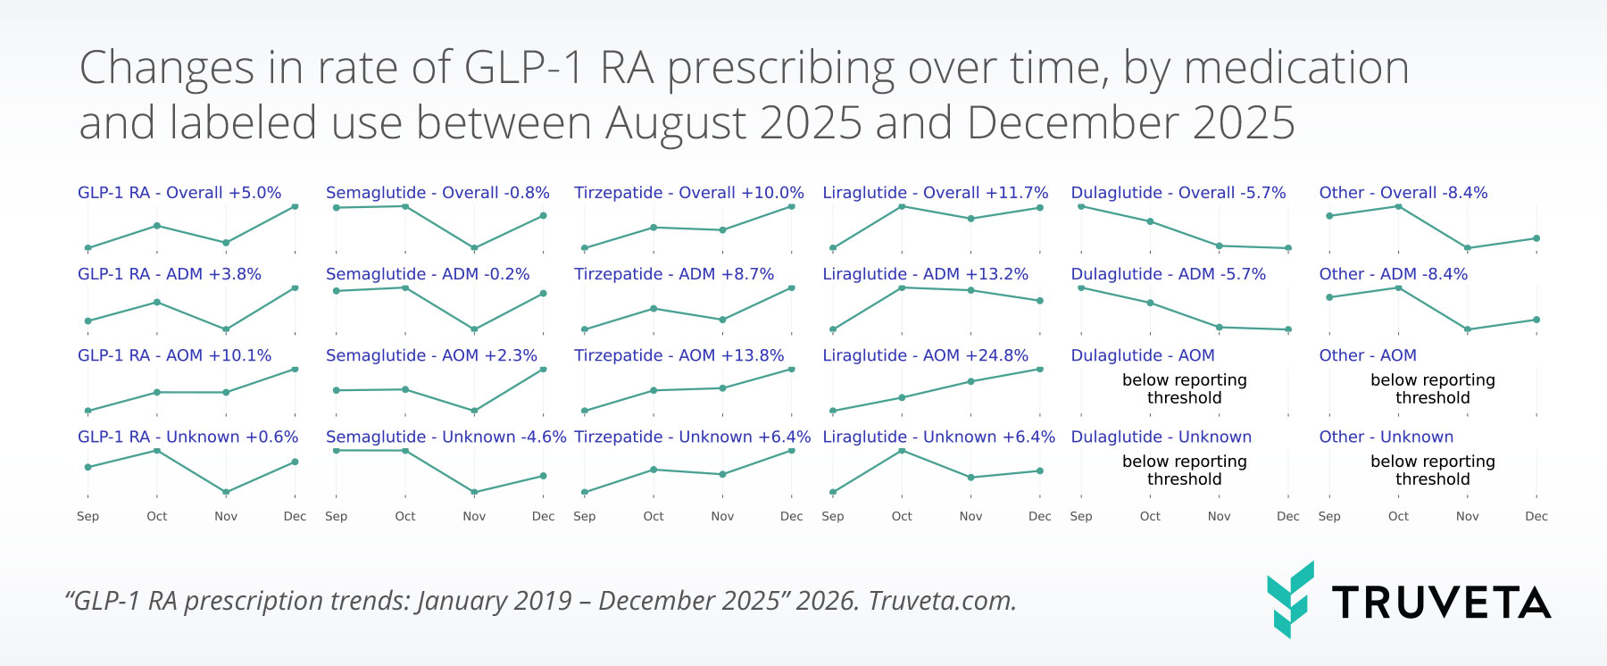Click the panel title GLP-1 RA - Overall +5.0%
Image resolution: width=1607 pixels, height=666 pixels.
tap(179, 193)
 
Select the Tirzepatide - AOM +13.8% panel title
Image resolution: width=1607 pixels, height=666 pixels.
tap(679, 355)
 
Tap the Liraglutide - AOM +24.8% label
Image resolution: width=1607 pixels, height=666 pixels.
tap(925, 355)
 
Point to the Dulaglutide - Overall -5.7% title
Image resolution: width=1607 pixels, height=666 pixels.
tap(1178, 193)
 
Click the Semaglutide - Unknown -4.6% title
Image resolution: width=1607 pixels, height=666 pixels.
tap(445, 437)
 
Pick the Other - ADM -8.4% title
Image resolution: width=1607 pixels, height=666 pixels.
tap(1393, 274)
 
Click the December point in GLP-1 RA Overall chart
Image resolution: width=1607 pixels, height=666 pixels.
tap(295, 206)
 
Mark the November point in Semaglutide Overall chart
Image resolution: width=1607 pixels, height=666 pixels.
tap(474, 248)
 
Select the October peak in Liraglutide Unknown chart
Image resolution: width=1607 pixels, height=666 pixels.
tap(902, 451)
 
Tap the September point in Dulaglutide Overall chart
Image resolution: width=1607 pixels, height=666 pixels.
tap(1081, 206)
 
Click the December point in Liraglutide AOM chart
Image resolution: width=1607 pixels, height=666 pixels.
tap(1040, 369)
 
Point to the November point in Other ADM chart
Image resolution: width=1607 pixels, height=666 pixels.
tap(1467, 329)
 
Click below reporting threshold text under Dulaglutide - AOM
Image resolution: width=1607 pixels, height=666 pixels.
tap(1184, 388)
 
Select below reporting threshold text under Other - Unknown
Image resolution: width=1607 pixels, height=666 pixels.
tap(1432, 470)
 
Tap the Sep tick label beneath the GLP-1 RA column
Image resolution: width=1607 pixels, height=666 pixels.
tap(87, 516)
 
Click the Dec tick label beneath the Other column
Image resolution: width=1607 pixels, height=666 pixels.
tap(1536, 516)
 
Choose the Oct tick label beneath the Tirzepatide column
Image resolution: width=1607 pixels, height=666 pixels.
tap(654, 516)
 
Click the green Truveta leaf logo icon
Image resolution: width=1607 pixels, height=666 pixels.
tap(1290, 599)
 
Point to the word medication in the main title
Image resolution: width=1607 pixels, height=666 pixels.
tap(1295, 68)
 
